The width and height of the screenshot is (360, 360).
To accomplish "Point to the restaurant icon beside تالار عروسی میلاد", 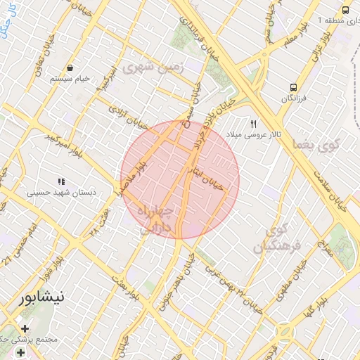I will pyautogui.click(x=243, y=122).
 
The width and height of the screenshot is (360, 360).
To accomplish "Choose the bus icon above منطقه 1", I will pyautogui.click(x=345, y=10).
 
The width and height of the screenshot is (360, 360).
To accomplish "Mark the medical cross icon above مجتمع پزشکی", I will pyautogui.click(x=25, y=328).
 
